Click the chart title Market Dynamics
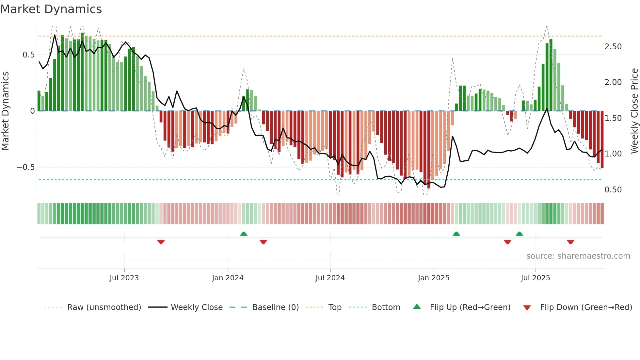[x=51, y=9]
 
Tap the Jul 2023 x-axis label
[x=124, y=278]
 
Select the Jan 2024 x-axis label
[x=228, y=278]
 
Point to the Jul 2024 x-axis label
[x=330, y=278]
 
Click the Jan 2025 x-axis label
[x=434, y=278]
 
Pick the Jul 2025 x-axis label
[x=536, y=278]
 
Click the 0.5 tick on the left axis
[x=29, y=55]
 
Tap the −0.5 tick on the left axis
[x=26, y=167]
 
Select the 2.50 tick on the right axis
[x=613, y=47]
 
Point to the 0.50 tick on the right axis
[x=613, y=190]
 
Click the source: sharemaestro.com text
[x=578, y=256]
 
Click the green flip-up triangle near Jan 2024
[x=244, y=234]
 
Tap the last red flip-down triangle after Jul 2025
[x=570, y=242]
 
